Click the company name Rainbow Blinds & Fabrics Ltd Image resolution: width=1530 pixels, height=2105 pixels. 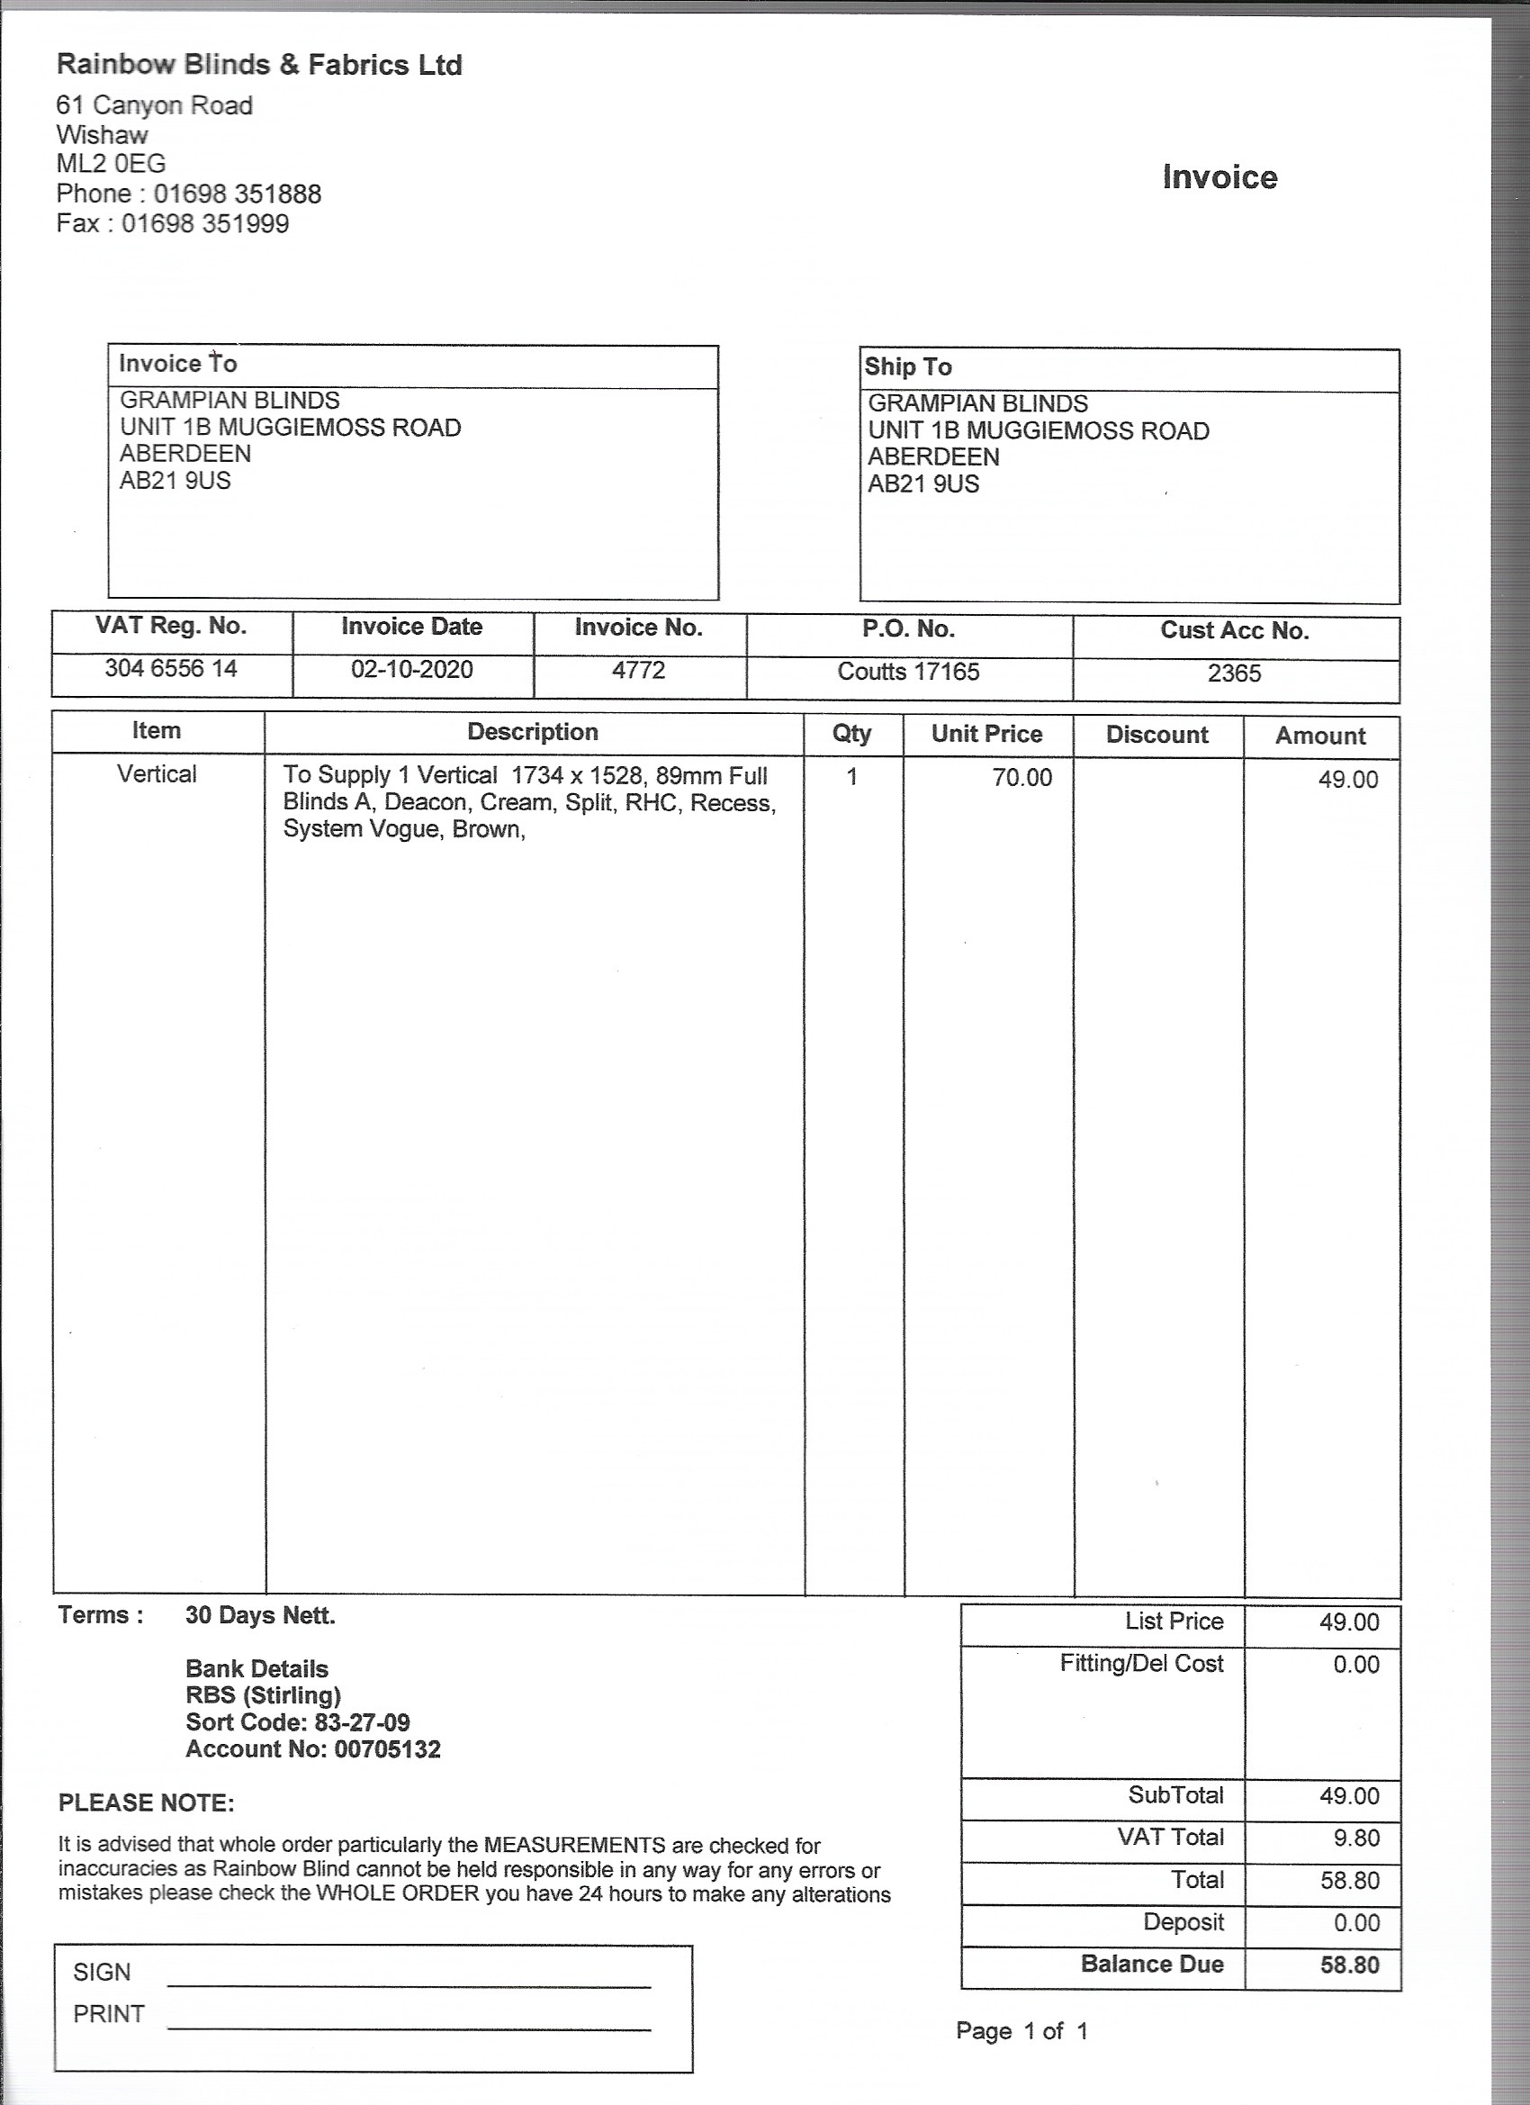tap(259, 65)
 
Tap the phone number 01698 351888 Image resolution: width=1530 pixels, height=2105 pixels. tap(238, 194)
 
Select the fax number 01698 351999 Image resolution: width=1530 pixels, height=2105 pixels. tap(205, 223)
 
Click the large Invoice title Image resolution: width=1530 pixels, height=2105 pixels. tap(1219, 177)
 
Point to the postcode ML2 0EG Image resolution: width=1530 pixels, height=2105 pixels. tap(111, 164)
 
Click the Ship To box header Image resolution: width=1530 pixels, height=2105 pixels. tap(908, 366)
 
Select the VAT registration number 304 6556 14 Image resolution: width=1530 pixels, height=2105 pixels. tap(171, 668)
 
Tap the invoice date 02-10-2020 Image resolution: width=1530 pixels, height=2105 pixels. tap(412, 669)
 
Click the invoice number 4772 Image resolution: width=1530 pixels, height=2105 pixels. tap(638, 670)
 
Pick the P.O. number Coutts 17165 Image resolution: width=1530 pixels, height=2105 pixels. tap(908, 672)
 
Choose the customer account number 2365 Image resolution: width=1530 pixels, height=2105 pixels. tap(1234, 673)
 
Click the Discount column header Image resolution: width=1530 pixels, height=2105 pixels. tap(1157, 735)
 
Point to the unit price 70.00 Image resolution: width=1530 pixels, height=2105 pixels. tap(1021, 778)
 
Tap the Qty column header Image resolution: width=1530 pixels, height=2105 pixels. tap(851, 733)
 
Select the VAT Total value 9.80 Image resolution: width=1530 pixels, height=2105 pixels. tap(1355, 1838)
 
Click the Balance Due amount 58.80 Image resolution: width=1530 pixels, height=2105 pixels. tap(1350, 1965)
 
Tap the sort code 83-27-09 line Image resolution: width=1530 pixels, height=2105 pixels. tap(298, 1722)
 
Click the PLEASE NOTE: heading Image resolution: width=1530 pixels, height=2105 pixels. tap(147, 1803)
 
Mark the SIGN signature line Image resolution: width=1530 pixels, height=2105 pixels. tap(409, 1986)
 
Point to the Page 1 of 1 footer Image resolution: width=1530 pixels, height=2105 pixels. tap(1021, 2031)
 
